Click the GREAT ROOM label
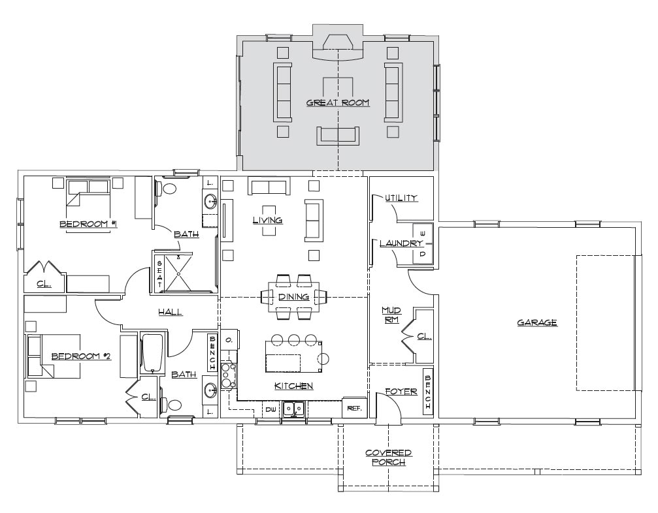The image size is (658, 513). point(338,102)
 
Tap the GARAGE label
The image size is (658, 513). point(536,322)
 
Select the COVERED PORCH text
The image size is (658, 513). point(389,458)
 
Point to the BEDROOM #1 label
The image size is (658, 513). point(88,224)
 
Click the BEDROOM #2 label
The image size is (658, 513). point(81,356)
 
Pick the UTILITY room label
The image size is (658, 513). point(401,197)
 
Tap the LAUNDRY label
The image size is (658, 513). point(401,243)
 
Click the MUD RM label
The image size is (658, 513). point(391,315)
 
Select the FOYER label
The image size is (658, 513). point(401,392)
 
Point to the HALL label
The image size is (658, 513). point(171,312)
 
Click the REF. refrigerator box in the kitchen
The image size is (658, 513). point(355,407)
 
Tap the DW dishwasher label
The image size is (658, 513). point(271,409)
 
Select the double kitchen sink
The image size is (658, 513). point(294,409)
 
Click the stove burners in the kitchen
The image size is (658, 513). point(229,375)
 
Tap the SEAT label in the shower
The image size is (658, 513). point(160,274)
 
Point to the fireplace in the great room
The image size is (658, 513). point(338,47)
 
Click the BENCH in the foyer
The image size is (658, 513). point(428,392)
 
